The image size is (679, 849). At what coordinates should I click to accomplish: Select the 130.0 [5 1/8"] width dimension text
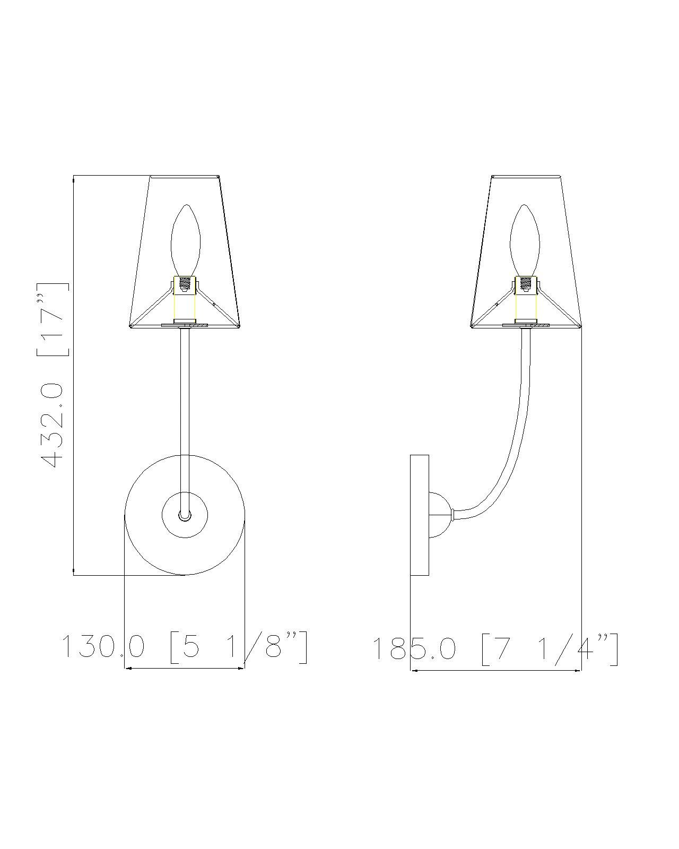[x=184, y=647]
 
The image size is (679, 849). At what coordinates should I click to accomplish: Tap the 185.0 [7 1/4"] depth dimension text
[x=495, y=648]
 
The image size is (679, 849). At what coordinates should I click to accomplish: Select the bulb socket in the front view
[x=185, y=285]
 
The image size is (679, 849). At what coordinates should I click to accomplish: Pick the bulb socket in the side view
[x=525, y=285]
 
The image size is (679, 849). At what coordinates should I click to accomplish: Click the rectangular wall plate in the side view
[x=419, y=515]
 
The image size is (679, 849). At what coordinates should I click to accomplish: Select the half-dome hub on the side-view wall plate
[x=439, y=514]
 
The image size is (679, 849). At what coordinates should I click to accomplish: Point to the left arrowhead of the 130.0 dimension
[x=127, y=668]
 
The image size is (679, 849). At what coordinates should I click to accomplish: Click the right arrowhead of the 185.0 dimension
[x=578, y=670]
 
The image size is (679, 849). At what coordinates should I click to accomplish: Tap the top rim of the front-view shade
[x=185, y=176]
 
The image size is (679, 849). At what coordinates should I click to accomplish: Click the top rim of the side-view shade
[x=526, y=176]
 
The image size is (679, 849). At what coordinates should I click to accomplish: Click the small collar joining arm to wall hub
[x=452, y=514]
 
